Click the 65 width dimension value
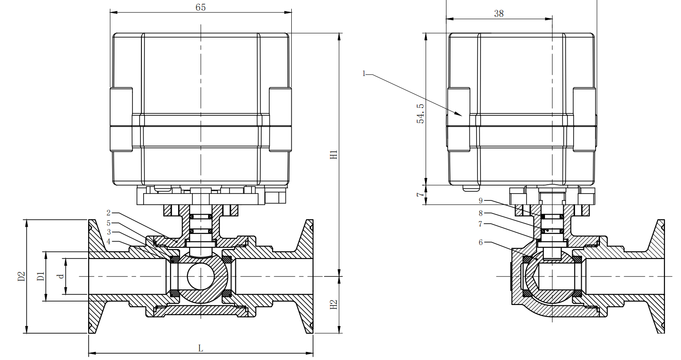click(x=200, y=7)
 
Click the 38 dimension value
click(x=499, y=13)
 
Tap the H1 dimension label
click(x=333, y=155)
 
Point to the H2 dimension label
click(x=333, y=305)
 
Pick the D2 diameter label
click(x=21, y=276)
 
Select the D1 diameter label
click(x=40, y=276)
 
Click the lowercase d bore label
click(x=61, y=276)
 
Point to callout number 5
click(x=108, y=223)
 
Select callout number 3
click(x=108, y=232)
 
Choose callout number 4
click(x=108, y=241)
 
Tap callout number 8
click(x=481, y=213)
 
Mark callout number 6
click(x=481, y=242)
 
